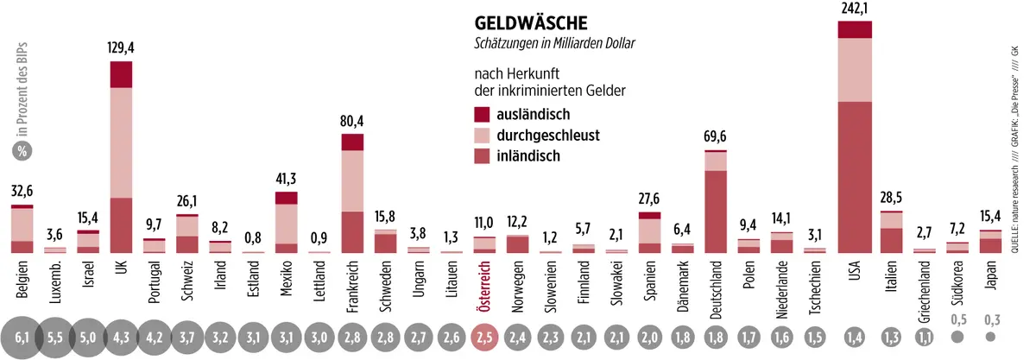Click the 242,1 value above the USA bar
coord(855,8)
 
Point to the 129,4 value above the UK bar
coord(121,50)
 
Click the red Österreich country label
coord(484,281)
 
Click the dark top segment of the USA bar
coord(855,29)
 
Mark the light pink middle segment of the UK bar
coord(121,142)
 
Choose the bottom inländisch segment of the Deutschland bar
coord(716,212)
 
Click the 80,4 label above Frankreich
coord(352,122)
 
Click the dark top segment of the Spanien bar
coord(649,215)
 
